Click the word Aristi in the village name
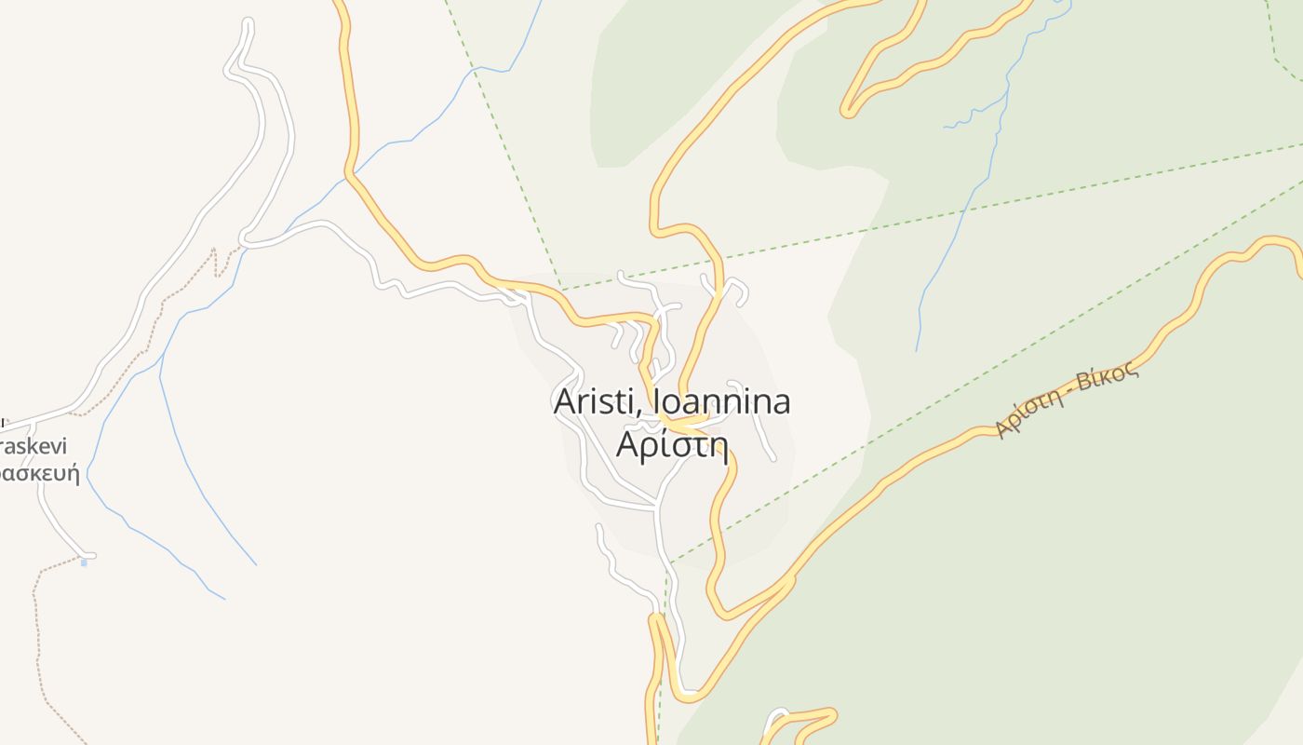(x=598, y=402)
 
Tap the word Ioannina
(x=722, y=402)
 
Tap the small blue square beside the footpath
(x=84, y=562)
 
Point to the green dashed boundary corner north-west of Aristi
(x=561, y=290)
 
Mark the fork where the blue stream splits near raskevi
(x=160, y=376)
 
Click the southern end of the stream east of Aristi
(x=917, y=350)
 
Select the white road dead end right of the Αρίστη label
(x=773, y=458)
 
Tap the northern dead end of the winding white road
(x=247, y=22)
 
